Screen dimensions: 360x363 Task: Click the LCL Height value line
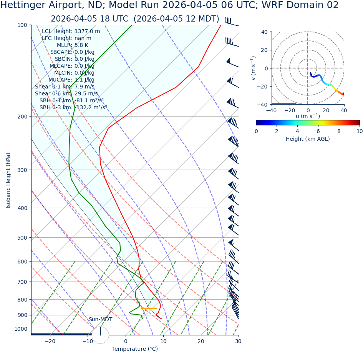click(71, 32)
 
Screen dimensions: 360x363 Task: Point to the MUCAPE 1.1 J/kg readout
click(71, 80)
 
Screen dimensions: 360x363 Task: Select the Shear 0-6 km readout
click(66, 94)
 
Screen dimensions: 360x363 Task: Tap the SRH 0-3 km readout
click(73, 108)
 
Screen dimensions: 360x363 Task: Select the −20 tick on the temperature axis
click(50, 341)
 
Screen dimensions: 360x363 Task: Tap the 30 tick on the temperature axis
click(238, 341)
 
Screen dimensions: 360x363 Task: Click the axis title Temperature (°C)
click(135, 349)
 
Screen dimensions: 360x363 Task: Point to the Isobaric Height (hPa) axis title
click(8, 180)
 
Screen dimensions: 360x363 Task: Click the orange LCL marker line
click(148, 308)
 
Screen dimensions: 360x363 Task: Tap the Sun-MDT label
click(100, 320)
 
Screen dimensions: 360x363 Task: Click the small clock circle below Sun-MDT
click(100, 335)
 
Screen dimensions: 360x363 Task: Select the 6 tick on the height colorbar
click(318, 131)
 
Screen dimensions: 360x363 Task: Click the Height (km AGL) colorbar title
click(308, 139)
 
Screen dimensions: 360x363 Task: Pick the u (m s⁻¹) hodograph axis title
click(308, 116)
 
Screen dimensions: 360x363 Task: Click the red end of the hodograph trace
click(343, 94)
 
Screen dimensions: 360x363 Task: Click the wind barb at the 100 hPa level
click(232, 22)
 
